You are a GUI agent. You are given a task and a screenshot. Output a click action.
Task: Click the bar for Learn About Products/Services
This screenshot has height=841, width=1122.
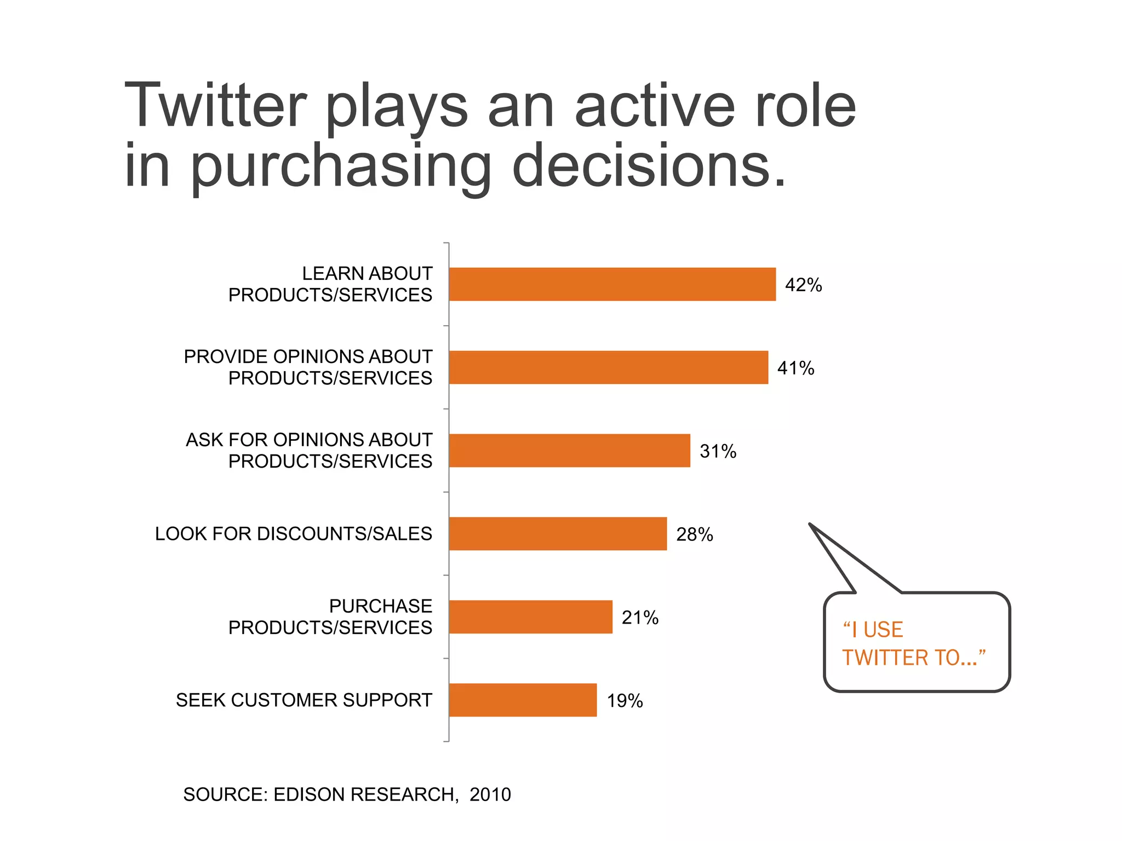coord(612,284)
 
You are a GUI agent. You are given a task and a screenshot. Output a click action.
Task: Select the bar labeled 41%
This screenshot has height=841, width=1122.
coord(608,367)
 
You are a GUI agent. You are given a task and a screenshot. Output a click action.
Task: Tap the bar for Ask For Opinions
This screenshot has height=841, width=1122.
coord(569,451)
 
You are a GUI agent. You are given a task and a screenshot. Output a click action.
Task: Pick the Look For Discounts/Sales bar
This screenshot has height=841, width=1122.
coord(558,534)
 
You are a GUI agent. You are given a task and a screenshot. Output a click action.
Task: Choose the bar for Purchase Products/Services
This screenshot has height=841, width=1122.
coord(530,617)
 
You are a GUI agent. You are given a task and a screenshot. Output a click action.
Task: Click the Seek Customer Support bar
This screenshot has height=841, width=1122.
coord(523,700)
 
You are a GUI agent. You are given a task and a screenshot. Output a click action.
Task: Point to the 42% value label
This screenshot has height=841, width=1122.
coord(803,285)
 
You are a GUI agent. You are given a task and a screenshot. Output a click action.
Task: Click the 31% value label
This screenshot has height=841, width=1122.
coord(718,452)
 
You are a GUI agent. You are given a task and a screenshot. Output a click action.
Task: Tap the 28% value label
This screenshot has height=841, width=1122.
coord(694,535)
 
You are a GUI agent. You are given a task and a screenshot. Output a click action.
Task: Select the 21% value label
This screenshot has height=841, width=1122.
coord(640,618)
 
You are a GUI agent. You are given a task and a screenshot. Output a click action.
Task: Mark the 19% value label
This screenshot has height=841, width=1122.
coord(625,701)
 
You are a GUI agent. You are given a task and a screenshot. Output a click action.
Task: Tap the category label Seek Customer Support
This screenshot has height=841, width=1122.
coord(304,700)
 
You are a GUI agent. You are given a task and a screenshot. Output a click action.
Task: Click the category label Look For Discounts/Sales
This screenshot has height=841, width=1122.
coord(294,534)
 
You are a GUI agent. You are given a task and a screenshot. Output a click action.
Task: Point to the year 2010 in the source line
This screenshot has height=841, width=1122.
coord(490,794)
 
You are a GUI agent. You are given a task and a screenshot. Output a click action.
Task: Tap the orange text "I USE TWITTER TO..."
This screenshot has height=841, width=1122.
coord(913,644)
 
